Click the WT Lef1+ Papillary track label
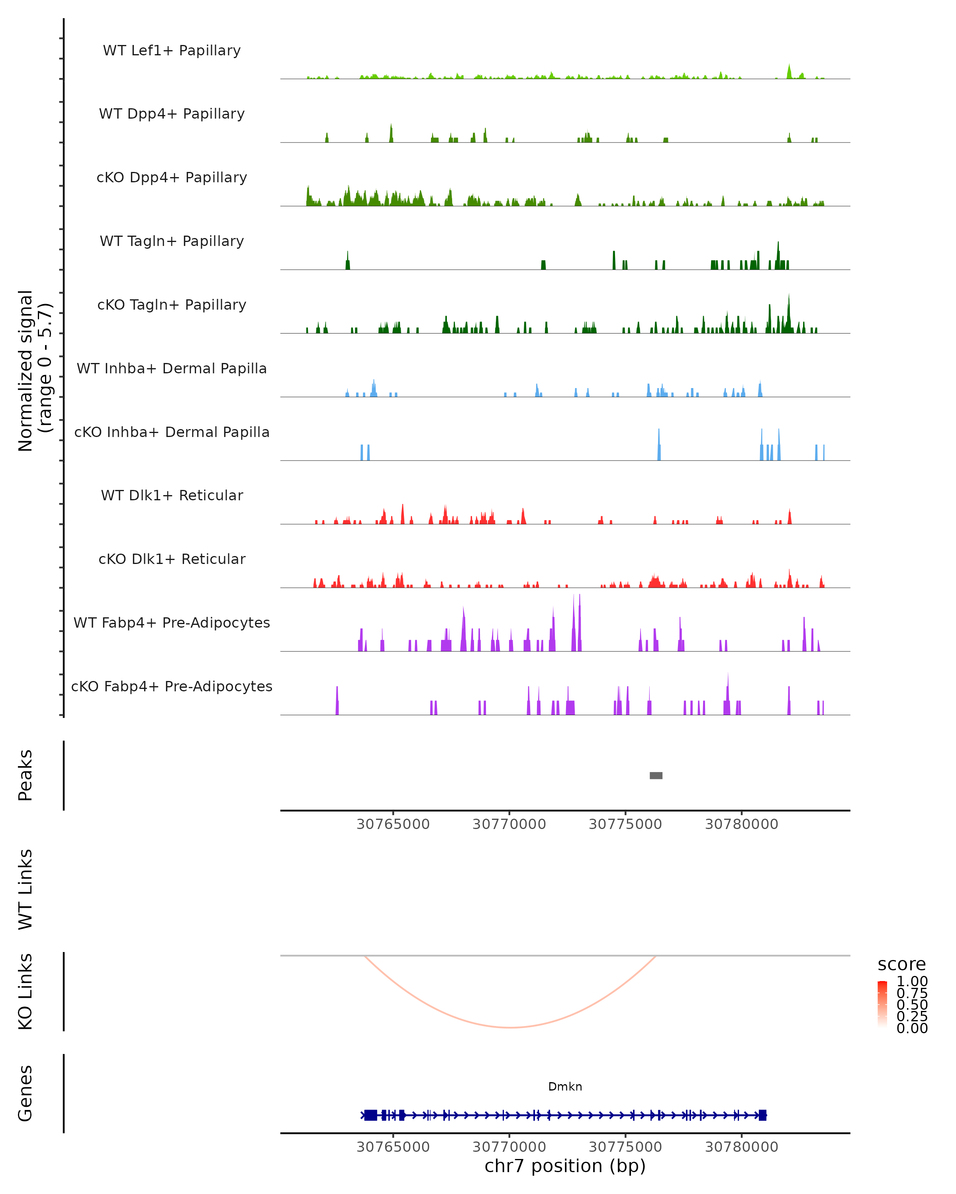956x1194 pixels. coord(172,51)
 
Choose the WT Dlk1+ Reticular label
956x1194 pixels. coord(172,495)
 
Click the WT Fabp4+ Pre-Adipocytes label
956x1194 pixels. coord(172,622)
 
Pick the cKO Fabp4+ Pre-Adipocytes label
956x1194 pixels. coord(172,686)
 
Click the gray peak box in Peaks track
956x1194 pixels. coord(656,775)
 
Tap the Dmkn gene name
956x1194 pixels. coord(565,1087)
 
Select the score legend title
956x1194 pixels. coord(902,964)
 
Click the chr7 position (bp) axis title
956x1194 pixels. coord(565,1166)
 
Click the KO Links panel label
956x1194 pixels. coord(25,991)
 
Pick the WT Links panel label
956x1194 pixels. coord(25,890)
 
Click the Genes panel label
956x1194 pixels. coord(25,1093)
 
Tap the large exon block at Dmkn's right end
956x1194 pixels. coord(762,1115)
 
